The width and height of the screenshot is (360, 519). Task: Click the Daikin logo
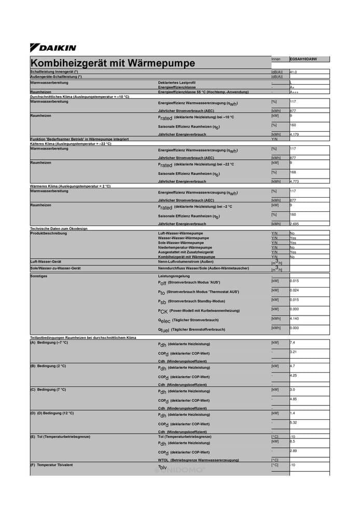tap(53, 48)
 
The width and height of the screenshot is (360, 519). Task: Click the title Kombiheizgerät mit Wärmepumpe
tap(113, 63)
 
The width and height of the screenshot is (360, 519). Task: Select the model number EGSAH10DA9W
tap(303, 59)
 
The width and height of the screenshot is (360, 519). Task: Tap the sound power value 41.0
tap(293, 72)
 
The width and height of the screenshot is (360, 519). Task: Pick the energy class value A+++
tap(295, 92)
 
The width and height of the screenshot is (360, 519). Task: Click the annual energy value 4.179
tap(294, 134)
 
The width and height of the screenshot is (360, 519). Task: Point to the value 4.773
tap(294, 182)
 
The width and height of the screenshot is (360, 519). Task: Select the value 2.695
tap(294, 224)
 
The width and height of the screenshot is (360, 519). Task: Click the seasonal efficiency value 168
tap(293, 172)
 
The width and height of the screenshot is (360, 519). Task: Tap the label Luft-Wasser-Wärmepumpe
tap(181, 234)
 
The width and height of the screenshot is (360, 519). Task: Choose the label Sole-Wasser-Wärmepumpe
tap(181, 243)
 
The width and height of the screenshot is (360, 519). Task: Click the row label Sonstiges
tap(39, 276)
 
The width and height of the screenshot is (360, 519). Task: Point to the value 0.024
tap(294, 290)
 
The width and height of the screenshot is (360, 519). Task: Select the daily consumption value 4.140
tap(294, 318)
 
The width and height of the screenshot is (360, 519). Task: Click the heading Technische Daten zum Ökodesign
tap(59, 228)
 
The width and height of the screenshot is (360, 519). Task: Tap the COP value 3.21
tap(293, 352)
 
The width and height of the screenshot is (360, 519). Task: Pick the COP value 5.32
tap(293, 422)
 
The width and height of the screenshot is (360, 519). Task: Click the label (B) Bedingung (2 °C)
tap(48, 366)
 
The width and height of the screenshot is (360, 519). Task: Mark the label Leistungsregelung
tap(175, 276)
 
